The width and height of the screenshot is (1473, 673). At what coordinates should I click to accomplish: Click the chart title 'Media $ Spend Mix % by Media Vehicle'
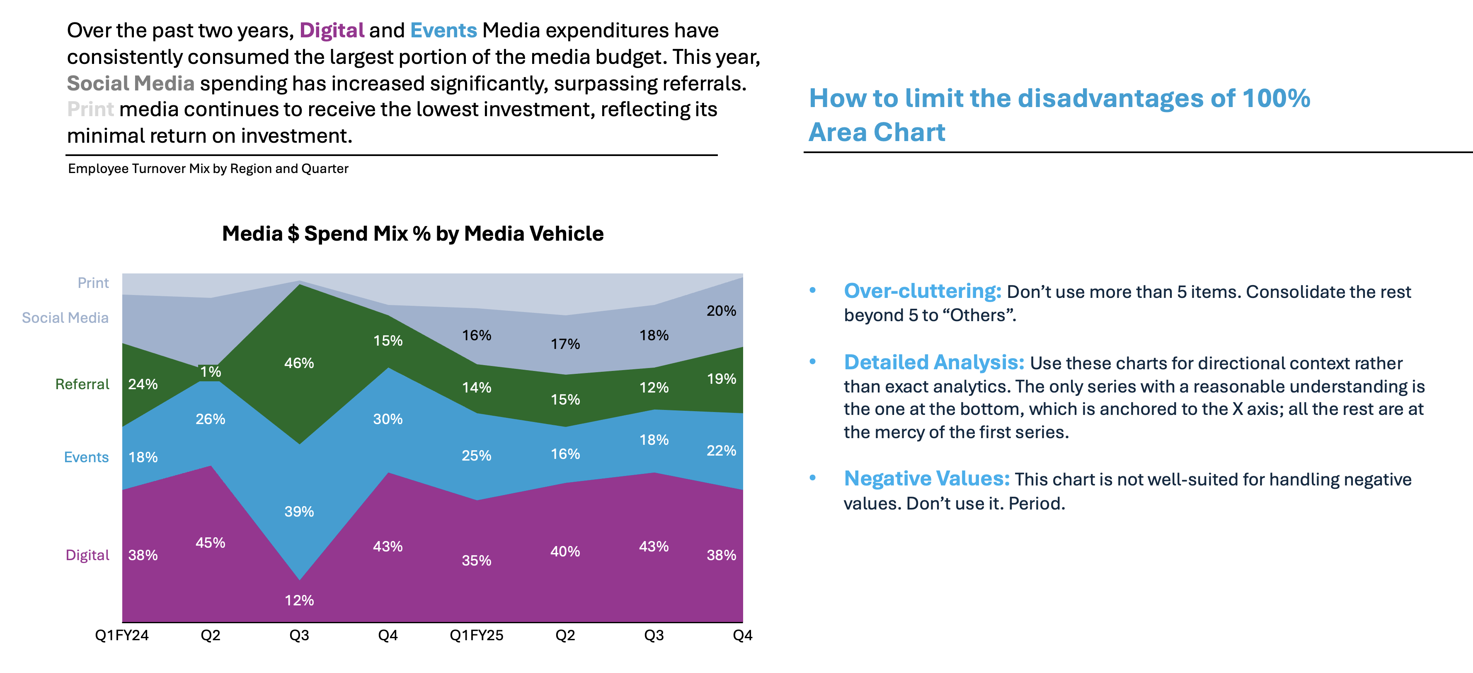tap(412, 234)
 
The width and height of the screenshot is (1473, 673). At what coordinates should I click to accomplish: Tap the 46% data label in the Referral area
tap(299, 363)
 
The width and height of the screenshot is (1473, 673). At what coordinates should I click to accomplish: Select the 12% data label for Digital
tap(299, 600)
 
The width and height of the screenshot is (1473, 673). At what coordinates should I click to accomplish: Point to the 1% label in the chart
tap(211, 372)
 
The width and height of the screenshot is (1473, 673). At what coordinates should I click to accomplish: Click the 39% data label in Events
tap(299, 512)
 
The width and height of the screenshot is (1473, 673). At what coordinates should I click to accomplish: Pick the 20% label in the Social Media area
tap(721, 311)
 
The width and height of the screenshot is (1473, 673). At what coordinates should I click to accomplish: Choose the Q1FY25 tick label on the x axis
tap(476, 635)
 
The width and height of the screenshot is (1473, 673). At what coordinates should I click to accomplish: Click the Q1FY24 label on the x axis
tap(122, 635)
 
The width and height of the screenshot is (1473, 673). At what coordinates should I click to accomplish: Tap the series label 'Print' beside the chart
tap(93, 283)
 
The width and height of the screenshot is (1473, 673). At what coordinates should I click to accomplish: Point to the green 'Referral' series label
tap(82, 384)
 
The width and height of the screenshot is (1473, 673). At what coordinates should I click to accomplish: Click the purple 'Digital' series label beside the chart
tap(87, 555)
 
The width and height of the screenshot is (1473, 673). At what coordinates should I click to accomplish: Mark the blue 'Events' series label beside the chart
tap(86, 457)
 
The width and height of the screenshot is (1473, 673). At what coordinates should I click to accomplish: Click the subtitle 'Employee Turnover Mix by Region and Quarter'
tap(208, 169)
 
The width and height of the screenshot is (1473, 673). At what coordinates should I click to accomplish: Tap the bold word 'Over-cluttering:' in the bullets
tap(922, 291)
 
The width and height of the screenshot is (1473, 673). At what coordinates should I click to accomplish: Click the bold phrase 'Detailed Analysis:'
tap(934, 362)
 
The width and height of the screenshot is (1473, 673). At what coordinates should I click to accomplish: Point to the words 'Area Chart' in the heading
tap(877, 132)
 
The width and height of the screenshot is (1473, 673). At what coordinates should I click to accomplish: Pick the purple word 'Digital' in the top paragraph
tap(332, 30)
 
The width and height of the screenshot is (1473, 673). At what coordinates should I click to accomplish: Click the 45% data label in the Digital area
tap(211, 543)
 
